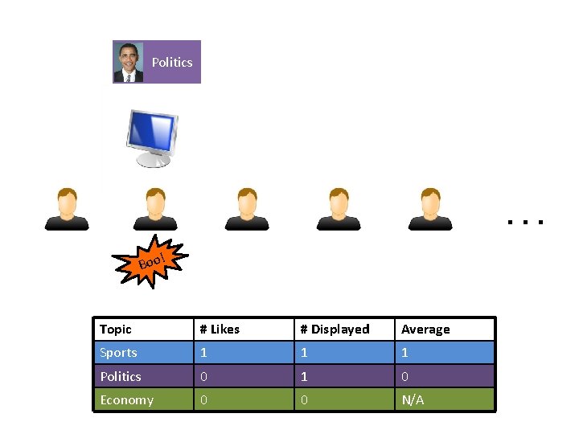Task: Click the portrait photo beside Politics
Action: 128,62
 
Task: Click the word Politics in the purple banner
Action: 172,62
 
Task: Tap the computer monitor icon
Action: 152,137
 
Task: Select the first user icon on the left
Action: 67,209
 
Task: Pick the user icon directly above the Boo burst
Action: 154,209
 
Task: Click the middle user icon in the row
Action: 247,209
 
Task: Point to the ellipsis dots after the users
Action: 526,219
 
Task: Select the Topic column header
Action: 116,330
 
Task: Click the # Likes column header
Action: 220,330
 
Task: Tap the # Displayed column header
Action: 335,330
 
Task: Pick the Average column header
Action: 425,330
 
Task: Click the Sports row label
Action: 118,353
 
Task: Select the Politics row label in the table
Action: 121,376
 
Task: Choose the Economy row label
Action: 126,400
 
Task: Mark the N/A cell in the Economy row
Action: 413,400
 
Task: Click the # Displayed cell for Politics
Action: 304,376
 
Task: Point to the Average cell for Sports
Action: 405,353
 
